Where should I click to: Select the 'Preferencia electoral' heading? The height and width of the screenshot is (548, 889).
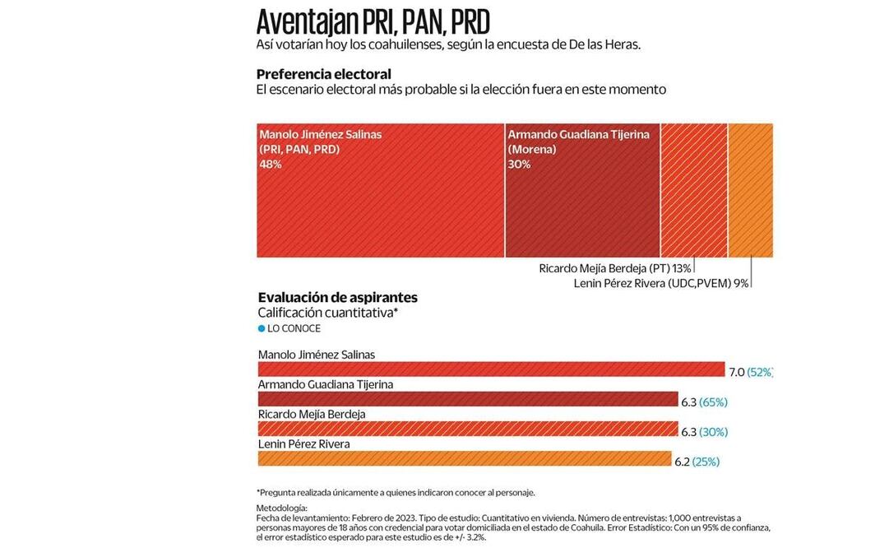[323, 74]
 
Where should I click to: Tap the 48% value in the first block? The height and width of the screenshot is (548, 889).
[271, 165]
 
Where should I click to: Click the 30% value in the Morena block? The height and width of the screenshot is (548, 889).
[519, 165]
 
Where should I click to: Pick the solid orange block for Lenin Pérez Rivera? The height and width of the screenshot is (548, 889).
[750, 190]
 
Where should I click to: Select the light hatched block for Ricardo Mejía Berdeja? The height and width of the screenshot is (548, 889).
[693, 190]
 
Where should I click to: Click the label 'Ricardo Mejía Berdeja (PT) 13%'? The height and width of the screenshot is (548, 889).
[614, 268]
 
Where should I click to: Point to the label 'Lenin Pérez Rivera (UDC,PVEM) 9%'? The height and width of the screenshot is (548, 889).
[661, 283]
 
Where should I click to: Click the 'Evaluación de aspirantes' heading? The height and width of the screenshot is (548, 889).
[337, 298]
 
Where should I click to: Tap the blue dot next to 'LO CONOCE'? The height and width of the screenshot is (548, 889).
[262, 328]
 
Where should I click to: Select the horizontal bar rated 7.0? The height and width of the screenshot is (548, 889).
[491, 369]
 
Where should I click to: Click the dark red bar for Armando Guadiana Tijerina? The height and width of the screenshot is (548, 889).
[467, 399]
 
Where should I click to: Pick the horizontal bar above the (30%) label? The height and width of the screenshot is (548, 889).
[467, 429]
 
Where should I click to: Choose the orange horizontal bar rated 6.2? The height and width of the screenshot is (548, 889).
[465, 459]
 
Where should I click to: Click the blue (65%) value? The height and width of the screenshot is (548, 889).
[713, 402]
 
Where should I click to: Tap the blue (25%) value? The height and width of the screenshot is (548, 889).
[706, 462]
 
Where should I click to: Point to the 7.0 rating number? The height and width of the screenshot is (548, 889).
[737, 372]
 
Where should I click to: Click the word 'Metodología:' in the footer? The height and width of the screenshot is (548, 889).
[281, 508]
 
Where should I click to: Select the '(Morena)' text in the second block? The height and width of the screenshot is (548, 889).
[531, 150]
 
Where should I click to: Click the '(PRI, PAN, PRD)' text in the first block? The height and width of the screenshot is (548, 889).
[299, 150]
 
